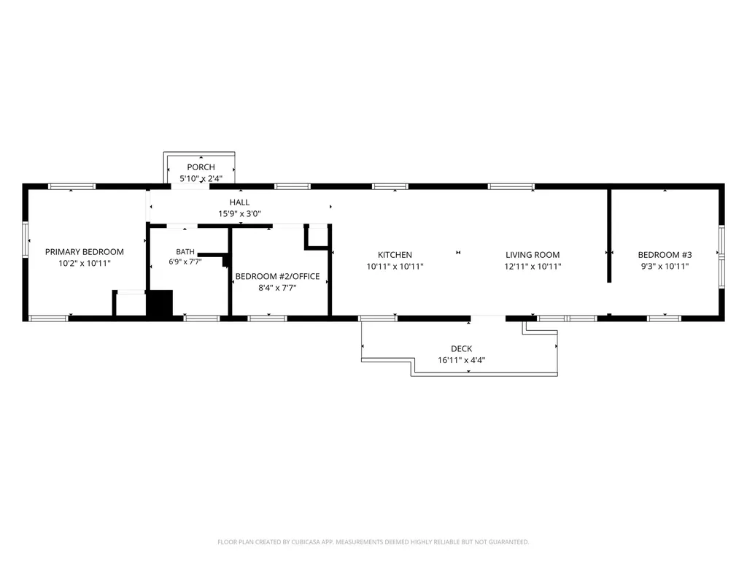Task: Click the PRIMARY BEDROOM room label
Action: point(85,252)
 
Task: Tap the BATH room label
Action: point(185,252)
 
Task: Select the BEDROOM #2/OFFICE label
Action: point(277,276)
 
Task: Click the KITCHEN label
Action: point(395,255)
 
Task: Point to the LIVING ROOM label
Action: point(533,255)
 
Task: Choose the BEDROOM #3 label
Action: point(665,255)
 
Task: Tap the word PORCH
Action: point(201,167)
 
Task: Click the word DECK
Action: point(462,348)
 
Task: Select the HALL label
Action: point(239,202)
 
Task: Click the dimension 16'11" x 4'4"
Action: point(462,360)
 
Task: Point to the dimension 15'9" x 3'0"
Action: point(239,214)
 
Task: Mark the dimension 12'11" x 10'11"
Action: point(533,267)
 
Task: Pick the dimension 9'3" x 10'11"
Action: point(665,267)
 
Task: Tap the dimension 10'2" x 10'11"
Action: point(85,263)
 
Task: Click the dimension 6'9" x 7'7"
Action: point(185,262)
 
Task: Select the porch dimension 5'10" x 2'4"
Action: point(201,179)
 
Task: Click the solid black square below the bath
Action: point(160,303)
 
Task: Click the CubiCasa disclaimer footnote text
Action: point(373,542)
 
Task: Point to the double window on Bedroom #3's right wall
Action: point(721,256)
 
